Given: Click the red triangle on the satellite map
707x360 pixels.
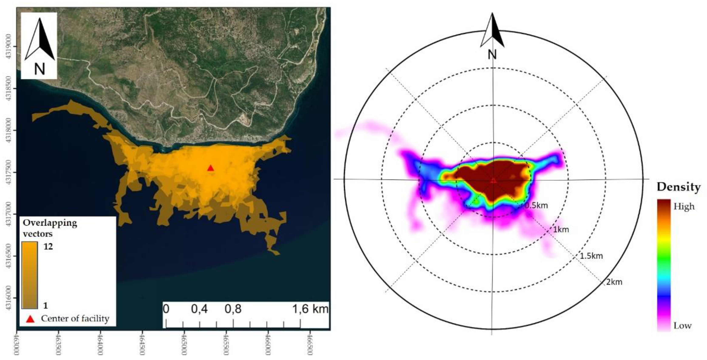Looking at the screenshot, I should click(x=211, y=168).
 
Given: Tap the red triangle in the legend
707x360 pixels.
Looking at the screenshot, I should click(x=30, y=319).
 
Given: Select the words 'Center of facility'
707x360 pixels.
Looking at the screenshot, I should click(x=75, y=319).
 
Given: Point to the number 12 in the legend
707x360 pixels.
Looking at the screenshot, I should click(x=48, y=246).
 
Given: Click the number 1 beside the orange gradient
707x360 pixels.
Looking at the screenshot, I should click(x=45, y=305).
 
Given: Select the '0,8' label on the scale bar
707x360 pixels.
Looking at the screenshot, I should click(x=233, y=309).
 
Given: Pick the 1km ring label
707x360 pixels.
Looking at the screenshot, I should click(x=561, y=229).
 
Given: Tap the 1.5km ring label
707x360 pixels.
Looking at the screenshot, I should click(x=591, y=256).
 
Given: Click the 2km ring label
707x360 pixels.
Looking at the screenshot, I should click(x=614, y=282).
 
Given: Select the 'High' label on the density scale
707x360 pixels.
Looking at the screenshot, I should click(x=684, y=206).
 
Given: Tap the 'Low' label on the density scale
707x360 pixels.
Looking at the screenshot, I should click(x=682, y=326).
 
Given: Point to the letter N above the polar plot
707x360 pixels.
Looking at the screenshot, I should click(x=492, y=55).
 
